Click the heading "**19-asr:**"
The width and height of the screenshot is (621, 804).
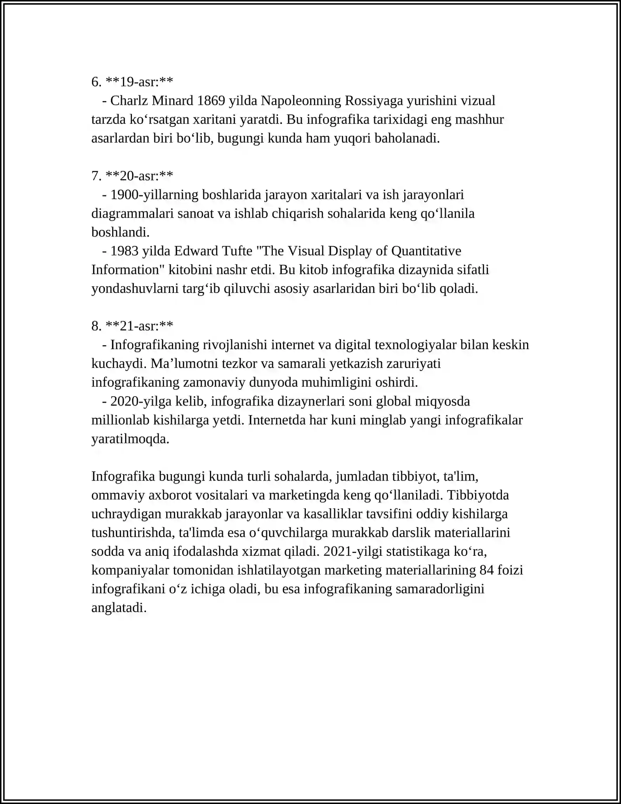pos(139,82)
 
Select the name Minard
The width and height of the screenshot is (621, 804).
pos(172,101)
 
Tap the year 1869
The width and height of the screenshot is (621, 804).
pos(211,101)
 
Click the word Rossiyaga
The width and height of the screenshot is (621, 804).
pos(373,101)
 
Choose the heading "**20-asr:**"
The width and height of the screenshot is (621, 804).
pos(139,176)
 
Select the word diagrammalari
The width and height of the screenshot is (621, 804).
pos(132,214)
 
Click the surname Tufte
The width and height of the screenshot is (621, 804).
pos(237,251)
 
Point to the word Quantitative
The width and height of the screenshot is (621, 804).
pos(426,251)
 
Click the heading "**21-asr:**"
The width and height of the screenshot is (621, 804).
pos(139,326)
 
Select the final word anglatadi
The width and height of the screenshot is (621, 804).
pos(119,608)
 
